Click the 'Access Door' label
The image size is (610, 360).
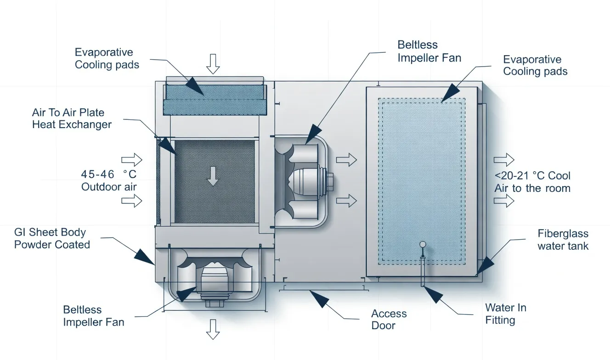(x=389, y=320)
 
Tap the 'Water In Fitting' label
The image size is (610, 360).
(x=505, y=314)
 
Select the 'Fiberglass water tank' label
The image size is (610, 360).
(x=562, y=240)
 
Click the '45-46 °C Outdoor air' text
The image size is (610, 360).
(x=108, y=180)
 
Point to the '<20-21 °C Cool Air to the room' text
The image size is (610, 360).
(x=532, y=182)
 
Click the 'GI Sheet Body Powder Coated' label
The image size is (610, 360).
(x=51, y=238)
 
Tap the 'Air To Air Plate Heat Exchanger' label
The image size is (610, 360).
(x=71, y=118)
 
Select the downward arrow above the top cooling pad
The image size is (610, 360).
(x=212, y=63)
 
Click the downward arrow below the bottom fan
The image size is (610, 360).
(x=212, y=329)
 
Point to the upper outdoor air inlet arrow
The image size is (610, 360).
(x=132, y=160)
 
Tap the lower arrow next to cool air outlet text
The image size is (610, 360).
(x=504, y=201)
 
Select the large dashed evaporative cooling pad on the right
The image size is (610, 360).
(x=421, y=181)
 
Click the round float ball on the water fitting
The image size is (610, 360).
(x=422, y=245)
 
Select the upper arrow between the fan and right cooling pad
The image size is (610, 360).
(x=346, y=160)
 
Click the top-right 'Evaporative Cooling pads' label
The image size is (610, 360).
(x=535, y=65)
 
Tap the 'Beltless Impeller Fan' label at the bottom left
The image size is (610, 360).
(x=93, y=316)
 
